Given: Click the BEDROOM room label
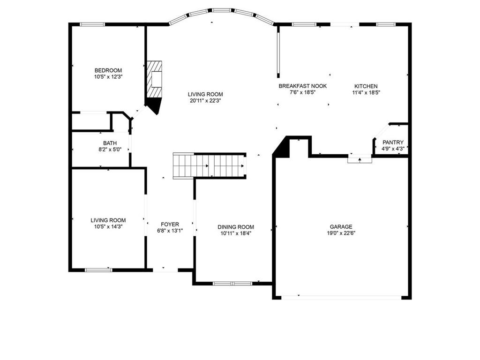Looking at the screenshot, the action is pos(108,70).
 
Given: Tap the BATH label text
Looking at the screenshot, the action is pos(110,143).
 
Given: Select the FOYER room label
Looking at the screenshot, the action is pos(170,225).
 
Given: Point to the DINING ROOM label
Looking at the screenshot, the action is pos(236,227).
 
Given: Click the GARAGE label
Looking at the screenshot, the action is pos(341,226).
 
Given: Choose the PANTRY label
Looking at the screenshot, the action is pos(393,142).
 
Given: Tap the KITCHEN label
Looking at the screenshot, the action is pos(366,86).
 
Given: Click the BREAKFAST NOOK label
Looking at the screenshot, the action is pos(302,86).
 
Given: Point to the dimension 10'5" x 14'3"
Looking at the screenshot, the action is pos(108,227).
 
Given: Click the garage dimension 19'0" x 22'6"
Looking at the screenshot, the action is pos(341,233).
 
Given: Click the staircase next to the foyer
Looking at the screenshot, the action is pos(209,165).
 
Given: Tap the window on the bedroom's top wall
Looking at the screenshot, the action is pos(92,24).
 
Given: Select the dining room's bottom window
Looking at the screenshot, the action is pos(232,284).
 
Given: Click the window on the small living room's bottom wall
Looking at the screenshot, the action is pos(98,270).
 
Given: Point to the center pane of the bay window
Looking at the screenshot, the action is pos(222,10).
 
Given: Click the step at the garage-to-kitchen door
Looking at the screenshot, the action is pos(360,159).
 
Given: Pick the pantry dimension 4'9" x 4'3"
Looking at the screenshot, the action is pos(393,149).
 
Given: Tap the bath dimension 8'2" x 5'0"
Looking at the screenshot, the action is pos(110,150).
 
